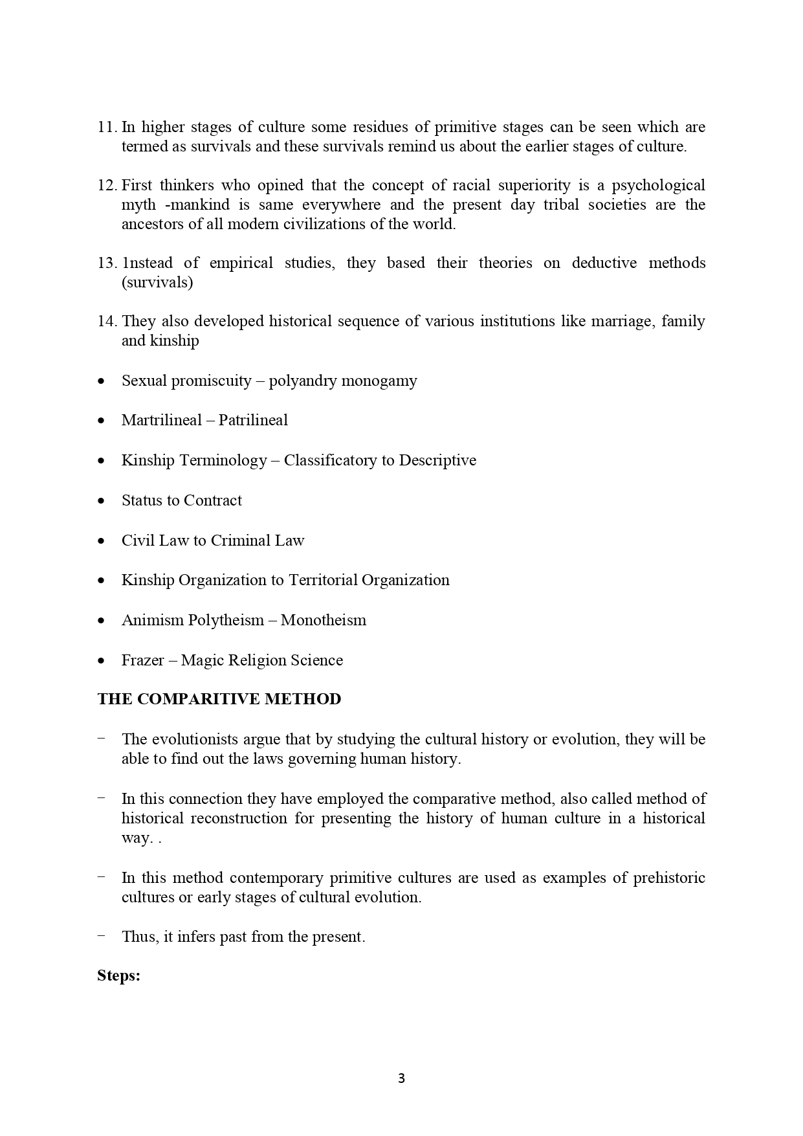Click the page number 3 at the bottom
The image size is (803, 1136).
401,1078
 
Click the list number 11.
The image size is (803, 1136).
107,127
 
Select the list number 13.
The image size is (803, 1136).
107,263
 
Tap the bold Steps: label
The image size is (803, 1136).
119,975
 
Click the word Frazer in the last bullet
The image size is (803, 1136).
142,660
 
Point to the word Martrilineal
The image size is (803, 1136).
162,420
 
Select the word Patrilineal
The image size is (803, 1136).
253,420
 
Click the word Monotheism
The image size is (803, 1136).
324,620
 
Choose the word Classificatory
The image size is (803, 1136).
331,460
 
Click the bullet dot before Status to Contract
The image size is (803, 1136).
101,501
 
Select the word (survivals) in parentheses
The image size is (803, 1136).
157,282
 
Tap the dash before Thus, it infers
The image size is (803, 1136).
101,936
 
